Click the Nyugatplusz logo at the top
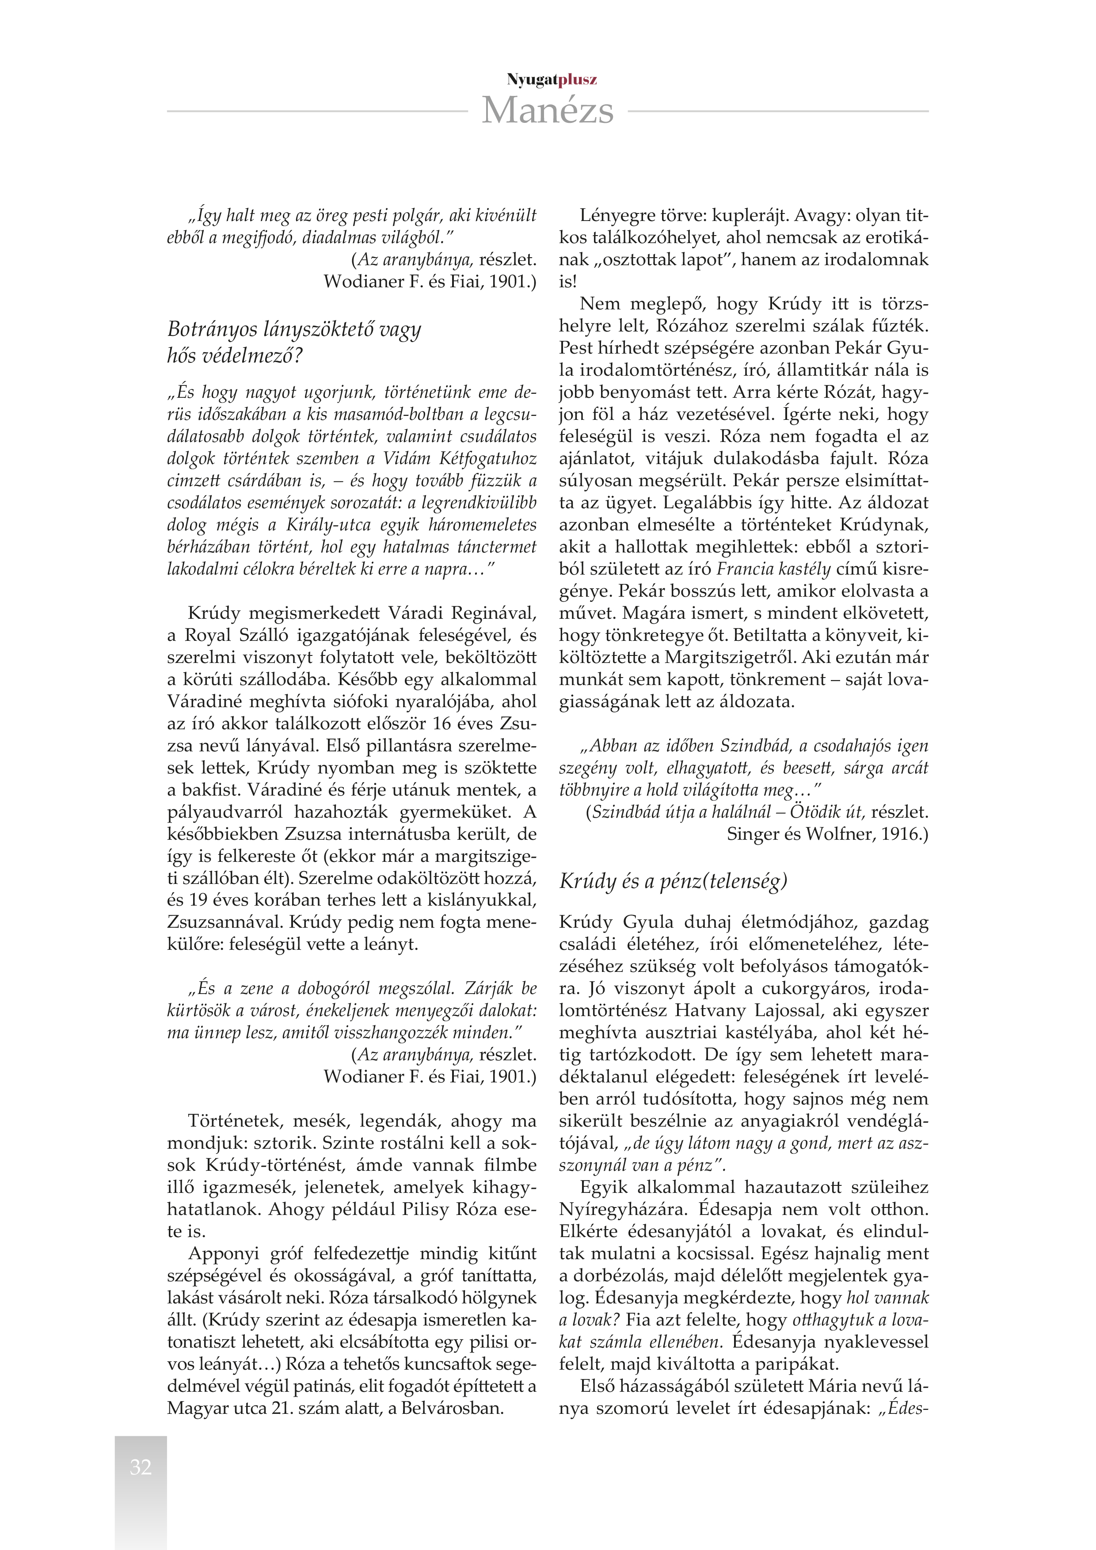pyautogui.click(x=552, y=80)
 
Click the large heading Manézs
pyautogui.click(x=547, y=110)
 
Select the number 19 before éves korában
pyautogui.click(x=198, y=900)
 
